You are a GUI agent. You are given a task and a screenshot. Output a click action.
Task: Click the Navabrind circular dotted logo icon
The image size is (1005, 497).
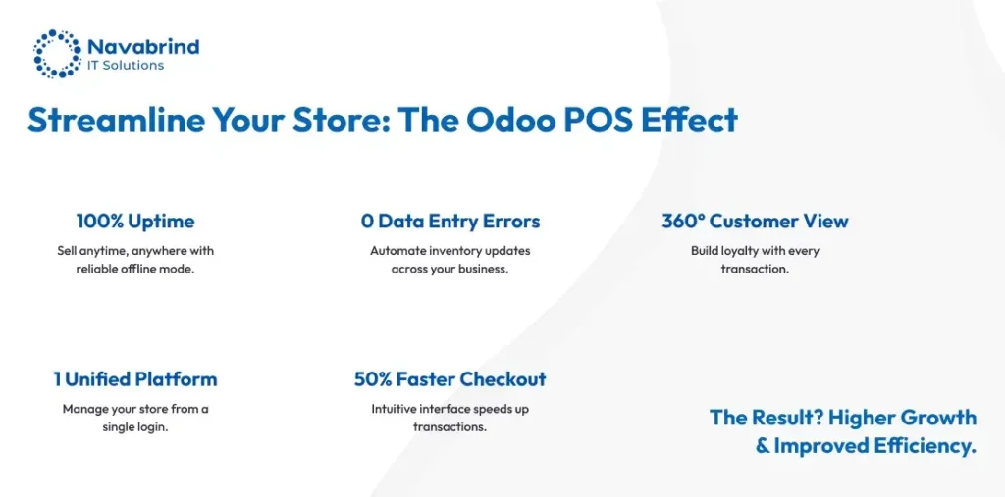pos(56,53)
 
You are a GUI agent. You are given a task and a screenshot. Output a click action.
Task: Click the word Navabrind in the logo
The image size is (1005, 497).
pos(142,46)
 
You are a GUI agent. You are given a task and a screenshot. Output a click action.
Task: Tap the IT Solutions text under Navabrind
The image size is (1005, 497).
pos(126,66)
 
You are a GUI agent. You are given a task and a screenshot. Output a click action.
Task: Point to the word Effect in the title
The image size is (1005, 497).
pos(688,120)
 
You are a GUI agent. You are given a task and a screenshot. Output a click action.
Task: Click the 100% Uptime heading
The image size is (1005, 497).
pos(135,222)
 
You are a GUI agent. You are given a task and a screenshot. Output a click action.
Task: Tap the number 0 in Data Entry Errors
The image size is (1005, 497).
pos(367,222)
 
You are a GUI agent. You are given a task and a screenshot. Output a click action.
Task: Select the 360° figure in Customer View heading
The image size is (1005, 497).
pos(683,222)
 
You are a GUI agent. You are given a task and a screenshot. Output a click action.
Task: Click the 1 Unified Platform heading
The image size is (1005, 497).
pos(135,379)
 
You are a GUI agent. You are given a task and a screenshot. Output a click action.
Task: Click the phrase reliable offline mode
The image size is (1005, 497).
pos(135,269)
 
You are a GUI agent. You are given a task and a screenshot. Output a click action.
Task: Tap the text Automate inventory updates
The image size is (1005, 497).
pos(450,251)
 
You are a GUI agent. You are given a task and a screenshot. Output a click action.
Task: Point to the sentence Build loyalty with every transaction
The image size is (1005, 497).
pos(754,260)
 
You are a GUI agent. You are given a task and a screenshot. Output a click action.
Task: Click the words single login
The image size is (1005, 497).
pos(135,426)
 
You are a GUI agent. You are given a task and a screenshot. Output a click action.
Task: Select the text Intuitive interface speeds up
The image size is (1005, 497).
pos(450,409)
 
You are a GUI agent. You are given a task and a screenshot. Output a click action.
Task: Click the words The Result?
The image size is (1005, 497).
pos(766,418)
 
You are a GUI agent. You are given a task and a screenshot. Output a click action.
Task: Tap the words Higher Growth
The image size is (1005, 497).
pos(902,418)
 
